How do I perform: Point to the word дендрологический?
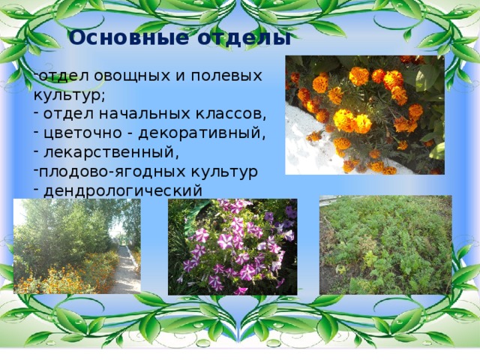coord(122,190)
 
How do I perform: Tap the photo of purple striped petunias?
coord(232,246)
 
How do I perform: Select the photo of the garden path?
coord(76,246)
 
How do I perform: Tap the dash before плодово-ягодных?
coord(35,172)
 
